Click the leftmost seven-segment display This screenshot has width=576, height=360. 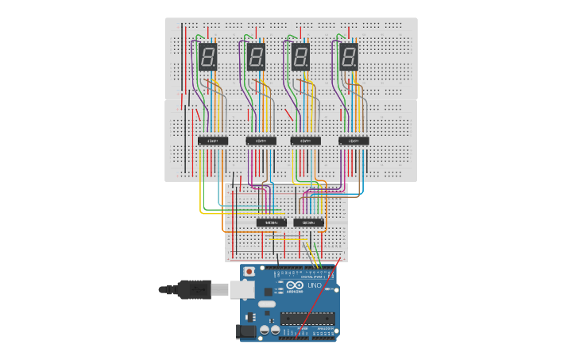tap(208, 57)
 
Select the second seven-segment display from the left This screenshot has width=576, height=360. tap(256, 57)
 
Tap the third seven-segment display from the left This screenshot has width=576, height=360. tap(301, 57)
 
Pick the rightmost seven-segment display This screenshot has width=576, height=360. tap(349, 57)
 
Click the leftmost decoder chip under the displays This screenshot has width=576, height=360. tap(213, 141)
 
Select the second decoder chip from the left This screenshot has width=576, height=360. tap(261, 141)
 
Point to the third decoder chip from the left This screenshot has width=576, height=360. tap(305, 141)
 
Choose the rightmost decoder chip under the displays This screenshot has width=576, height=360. tap(354, 141)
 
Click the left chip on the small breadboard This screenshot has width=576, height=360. tap(272, 223)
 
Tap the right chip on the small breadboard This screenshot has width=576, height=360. tap(309, 223)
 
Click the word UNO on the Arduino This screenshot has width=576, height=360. tap(314, 286)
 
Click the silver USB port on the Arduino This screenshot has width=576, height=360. tap(243, 291)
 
